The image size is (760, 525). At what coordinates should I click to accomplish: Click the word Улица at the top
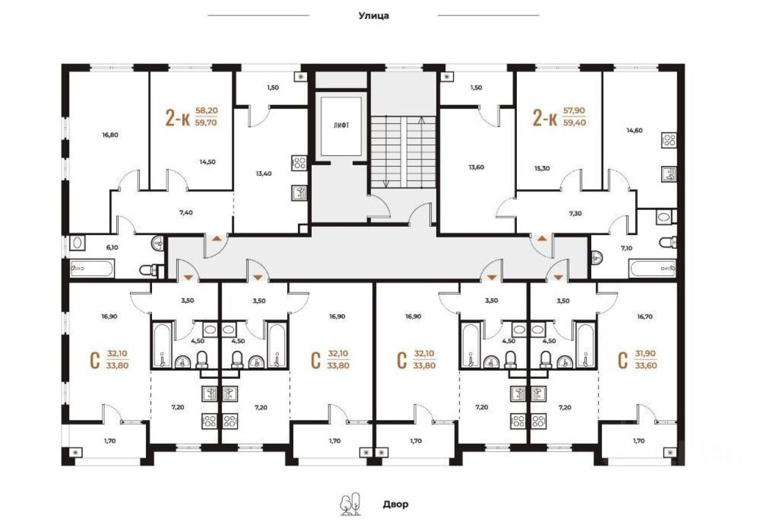click(x=373, y=16)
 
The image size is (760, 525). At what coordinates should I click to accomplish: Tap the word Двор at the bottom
click(x=395, y=504)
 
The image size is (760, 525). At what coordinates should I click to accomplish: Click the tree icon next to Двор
click(x=350, y=504)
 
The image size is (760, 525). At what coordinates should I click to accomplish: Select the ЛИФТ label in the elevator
click(x=341, y=126)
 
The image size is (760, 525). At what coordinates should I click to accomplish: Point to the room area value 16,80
click(x=110, y=135)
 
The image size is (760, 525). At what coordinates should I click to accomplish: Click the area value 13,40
click(x=264, y=174)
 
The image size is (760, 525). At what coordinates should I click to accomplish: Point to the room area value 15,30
click(x=542, y=169)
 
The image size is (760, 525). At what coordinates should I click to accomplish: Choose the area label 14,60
click(x=633, y=131)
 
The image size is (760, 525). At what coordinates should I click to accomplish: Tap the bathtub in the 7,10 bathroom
click(x=652, y=268)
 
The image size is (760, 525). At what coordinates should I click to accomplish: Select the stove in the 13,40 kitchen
click(x=299, y=163)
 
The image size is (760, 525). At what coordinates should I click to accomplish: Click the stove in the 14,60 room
click(x=668, y=141)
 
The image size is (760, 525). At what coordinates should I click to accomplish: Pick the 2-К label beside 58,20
click(x=178, y=119)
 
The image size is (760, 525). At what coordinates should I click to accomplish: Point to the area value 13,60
click(x=476, y=167)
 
